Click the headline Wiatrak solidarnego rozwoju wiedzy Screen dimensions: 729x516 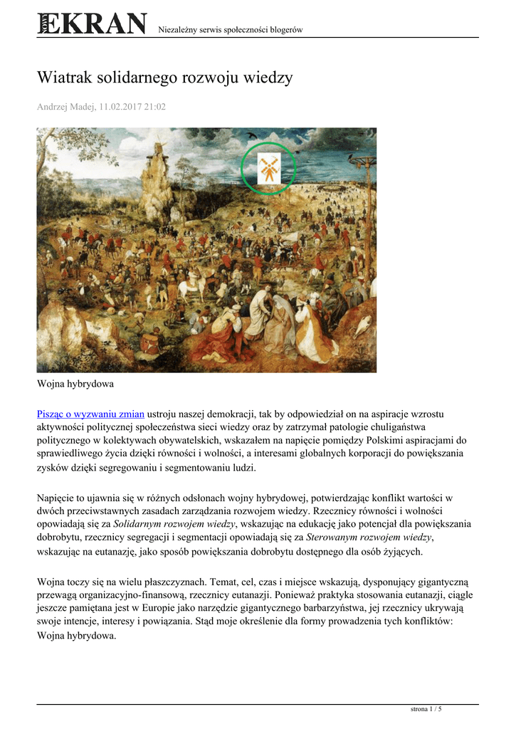coord(164,78)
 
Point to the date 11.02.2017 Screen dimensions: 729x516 coord(120,107)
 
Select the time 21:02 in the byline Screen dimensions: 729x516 coord(154,107)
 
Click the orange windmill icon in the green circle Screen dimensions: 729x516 coord(268,168)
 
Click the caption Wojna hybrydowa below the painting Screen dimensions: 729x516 coord(75,384)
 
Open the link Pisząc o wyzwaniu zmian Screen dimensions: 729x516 coord(90,414)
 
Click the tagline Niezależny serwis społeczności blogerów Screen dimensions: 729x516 coord(230,29)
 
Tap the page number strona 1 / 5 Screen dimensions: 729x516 coord(426,709)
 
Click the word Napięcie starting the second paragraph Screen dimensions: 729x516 coord(58,497)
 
